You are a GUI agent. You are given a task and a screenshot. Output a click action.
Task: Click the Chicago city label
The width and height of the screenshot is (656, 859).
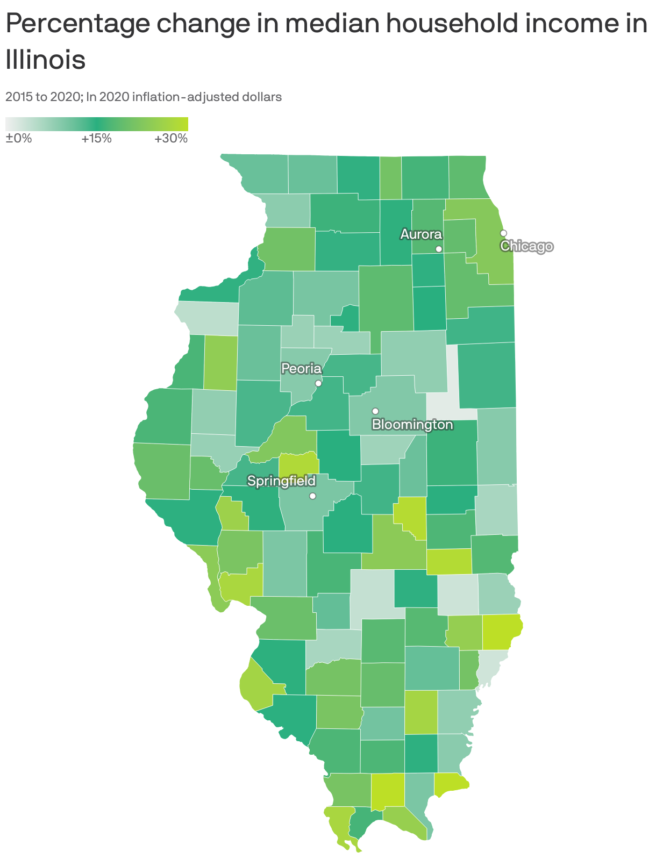tap(526, 246)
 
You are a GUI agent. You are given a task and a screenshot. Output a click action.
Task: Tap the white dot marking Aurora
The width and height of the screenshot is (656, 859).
tap(439, 249)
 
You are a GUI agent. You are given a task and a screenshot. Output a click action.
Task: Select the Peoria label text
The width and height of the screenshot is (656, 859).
tap(302, 369)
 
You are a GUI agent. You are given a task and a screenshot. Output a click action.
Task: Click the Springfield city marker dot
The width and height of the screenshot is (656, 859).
tap(312, 496)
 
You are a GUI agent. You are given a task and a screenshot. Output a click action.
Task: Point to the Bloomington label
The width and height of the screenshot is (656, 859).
tap(412, 425)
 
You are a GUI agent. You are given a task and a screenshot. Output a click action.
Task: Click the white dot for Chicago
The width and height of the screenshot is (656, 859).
tap(503, 233)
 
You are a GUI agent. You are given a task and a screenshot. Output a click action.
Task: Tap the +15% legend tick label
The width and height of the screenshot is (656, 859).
tap(97, 139)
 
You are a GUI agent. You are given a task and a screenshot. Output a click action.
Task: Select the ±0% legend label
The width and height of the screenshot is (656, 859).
tap(19, 139)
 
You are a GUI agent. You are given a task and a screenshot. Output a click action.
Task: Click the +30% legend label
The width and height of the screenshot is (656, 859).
tap(171, 139)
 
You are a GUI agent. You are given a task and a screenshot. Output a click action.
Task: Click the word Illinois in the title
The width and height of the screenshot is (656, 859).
tap(46, 60)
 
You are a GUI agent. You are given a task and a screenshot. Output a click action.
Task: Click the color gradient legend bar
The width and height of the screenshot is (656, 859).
tap(97, 124)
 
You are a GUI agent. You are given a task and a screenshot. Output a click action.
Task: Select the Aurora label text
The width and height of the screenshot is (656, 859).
tap(421, 234)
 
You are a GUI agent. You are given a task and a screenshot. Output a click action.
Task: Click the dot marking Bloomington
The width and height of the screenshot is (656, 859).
tap(375, 411)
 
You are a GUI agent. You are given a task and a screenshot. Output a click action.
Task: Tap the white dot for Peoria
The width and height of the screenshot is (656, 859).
tap(318, 383)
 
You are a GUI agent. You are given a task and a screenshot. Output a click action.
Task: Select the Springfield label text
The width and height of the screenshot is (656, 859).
tap(281, 481)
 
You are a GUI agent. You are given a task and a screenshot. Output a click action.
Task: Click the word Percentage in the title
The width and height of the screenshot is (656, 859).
tap(75, 25)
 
